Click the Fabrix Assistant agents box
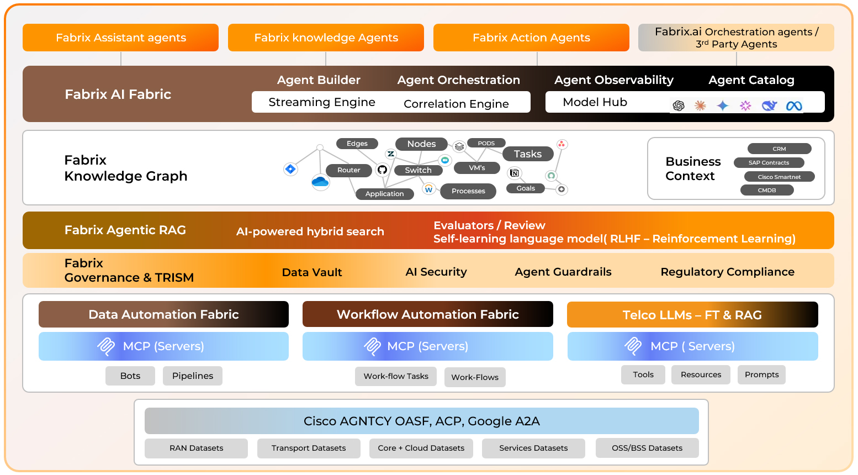pos(120,38)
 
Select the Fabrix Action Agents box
pos(531,38)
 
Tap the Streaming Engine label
pos(321,102)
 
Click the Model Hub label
pos(595,102)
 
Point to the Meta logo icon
pos(794,105)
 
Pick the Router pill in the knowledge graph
pos(348,170)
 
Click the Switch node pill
pos(418,170)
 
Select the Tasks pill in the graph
pos(527,154)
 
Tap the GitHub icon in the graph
pos(382,170)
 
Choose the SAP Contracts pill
pos(769,162)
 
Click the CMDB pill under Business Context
pos(767,190)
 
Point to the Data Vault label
pos(312,272)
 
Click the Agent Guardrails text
pos(563,272)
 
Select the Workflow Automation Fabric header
pos(427,314)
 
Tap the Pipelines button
pos(193,376)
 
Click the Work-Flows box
pos(475,377)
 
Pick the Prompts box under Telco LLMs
pos(761,374)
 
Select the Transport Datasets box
pos(309,448)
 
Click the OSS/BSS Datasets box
pos(647,448)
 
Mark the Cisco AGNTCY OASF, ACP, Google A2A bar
pos(421,421)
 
